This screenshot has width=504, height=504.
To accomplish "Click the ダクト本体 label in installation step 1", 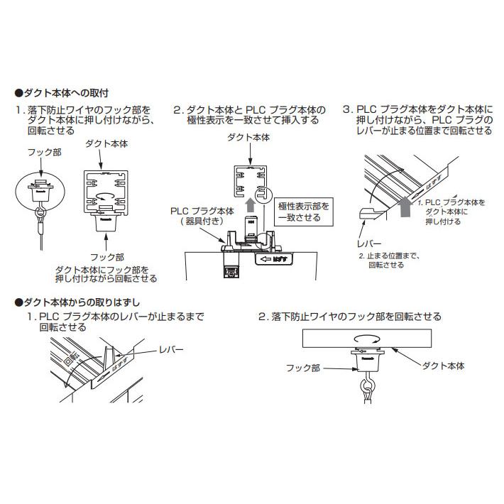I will tap(107, 144).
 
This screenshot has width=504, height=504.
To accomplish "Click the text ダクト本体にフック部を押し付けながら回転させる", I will tap(106, 274).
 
